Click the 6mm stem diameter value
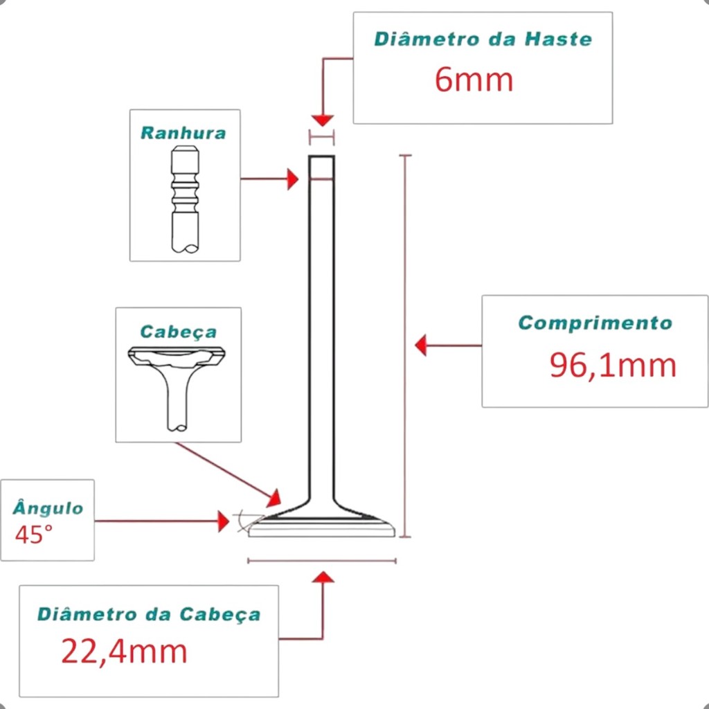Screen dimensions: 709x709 pyautogui.click(x=474, y=80)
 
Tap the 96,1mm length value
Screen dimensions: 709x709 pyautogui.click(x=613, y=365)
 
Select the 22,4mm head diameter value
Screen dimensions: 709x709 pyautogui.click(x=125, y=652)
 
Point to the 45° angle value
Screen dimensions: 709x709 pyautogui.click(x=33, y=535)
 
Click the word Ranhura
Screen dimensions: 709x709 pyautogui.click(x=183, y=133)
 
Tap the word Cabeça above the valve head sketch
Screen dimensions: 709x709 pyautogui.click(x=178, y=332)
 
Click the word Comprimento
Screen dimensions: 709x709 pyautogui.click(x=595, y=323)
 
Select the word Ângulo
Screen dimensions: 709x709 pyautogui.click(x=48, y=509)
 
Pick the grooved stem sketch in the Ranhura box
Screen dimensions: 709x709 pyautogui.click(x=185, y=201)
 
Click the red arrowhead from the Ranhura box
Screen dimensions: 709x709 pyautogui.click(x=293, y=179)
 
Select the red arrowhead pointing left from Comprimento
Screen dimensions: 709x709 pyautogui.click(x=420, y=345)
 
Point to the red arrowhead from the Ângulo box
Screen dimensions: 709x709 pyautogui.click(x=223, y=521)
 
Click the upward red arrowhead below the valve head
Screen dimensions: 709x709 pyautogui.click(x=323, y=577)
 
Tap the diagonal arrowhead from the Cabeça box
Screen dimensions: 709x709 pyautogui.click(x=275, y=498)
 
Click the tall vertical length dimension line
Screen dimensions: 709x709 pyautogui.click(x=406, y=346)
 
